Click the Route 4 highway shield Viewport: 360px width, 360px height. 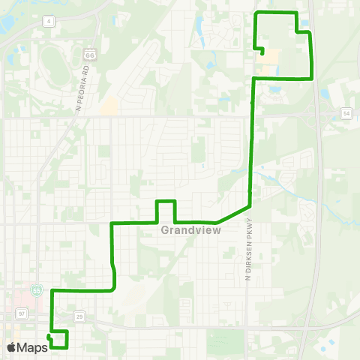pyautogui.click(x=49, y=22)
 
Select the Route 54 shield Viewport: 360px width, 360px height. pyautogui.click(x=346, y=112)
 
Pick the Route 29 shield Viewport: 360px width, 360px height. pyautogui.click(x=80, y=317)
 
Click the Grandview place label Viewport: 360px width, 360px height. pyautogui.click(x=190, y=231)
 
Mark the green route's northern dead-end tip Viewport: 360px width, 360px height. pyautogui.click(x=262, y=53)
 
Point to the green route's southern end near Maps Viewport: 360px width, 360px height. pyautogui.click(x=49, y=337)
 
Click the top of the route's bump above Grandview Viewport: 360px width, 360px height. pyautogui.click(x=165, y=201)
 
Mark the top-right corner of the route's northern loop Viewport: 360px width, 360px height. pyautogui.click(x=297, y=13)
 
